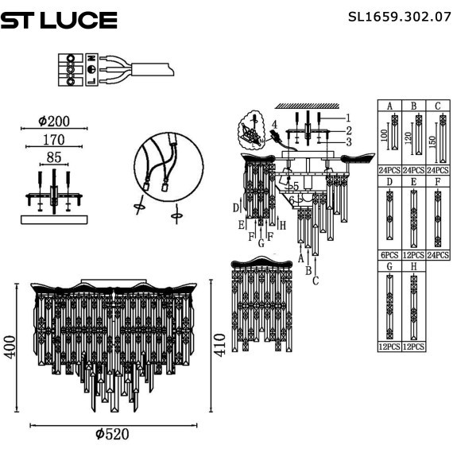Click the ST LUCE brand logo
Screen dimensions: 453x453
pos(59,20)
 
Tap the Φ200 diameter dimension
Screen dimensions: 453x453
pos(54,122)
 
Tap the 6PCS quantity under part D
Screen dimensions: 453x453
pos(389,256)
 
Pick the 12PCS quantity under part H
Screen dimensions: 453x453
pos(413,347)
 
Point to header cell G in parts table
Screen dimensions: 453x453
pos(389,265)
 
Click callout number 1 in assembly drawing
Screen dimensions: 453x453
pos(347,118)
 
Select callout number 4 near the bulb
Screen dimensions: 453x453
pos(273,125)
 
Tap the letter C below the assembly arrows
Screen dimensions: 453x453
pos(316,279)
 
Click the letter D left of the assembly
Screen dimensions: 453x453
pos(236,208)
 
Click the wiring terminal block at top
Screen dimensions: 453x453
pos(75,69)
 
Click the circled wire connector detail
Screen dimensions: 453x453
pos(164,168)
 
